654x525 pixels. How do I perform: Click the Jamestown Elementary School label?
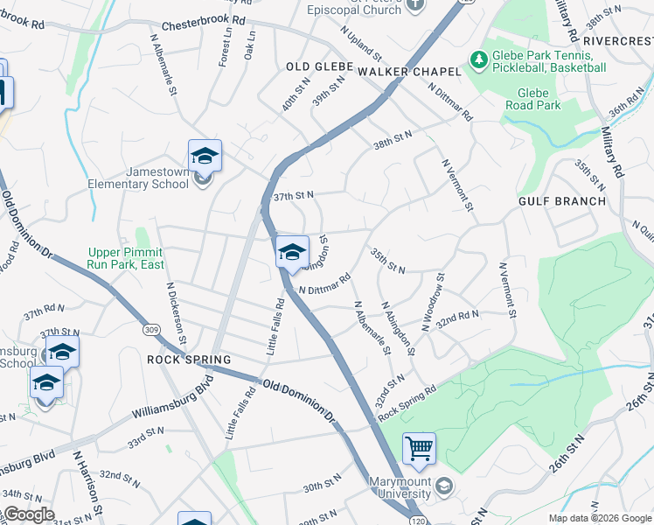point(138,178)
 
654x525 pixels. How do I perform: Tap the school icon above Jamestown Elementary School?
point(205,156)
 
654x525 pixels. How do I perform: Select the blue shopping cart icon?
point(420,449)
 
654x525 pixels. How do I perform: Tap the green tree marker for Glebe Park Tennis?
point(478,60)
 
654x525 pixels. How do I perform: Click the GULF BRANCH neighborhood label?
point(561,201)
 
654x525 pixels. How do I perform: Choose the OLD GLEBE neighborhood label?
point(319,67)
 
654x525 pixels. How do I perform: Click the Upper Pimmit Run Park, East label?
point(126,258)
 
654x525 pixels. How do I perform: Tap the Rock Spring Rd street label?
point(407,402)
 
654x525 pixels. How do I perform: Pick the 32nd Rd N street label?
point(458,321)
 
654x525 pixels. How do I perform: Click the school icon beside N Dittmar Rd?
point(292,253)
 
